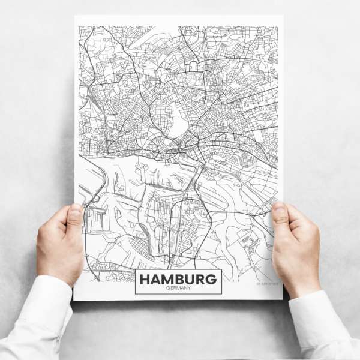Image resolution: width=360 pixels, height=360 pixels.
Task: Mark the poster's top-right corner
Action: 282,17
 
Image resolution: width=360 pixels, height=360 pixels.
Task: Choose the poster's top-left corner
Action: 76,17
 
